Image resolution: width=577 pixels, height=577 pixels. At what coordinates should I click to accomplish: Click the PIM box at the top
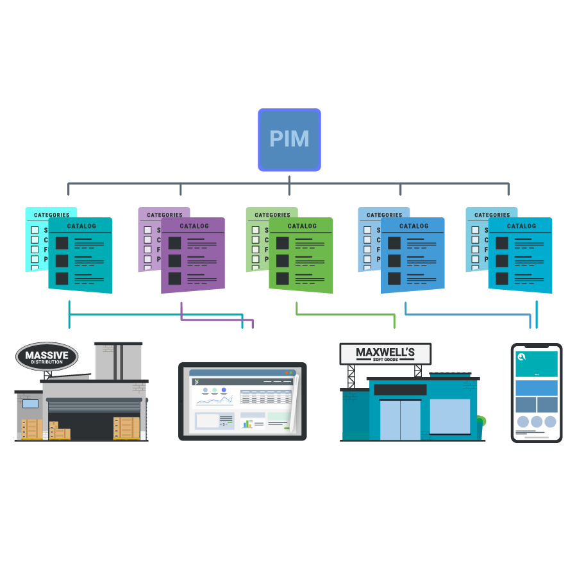[x=289, y=140]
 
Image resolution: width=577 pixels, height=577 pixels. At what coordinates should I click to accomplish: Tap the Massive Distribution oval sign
[x=47, y=356]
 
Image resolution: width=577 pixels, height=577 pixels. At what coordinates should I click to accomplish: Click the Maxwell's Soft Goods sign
[x=385, y=353]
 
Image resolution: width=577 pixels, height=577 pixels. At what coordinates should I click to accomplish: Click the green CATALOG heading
[x=302, y=226]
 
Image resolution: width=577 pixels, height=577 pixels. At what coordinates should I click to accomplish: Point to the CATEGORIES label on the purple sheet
[x=164, y=215]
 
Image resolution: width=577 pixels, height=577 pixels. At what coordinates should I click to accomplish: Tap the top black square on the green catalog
[x=282, y=243]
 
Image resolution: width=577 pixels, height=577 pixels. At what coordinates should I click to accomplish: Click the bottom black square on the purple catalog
[x=174, y=278]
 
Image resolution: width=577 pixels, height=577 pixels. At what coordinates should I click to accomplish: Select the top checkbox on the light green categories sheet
[x=255, y=230]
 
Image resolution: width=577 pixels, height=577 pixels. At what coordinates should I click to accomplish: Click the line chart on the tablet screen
[x=215, y=400]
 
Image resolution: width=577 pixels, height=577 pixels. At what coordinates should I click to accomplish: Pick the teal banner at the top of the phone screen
[x=537, y=364]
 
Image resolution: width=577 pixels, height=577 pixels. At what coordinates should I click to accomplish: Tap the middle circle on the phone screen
[x=537, y=422]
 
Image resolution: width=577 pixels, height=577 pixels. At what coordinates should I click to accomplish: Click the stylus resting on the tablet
[x=294, y=404]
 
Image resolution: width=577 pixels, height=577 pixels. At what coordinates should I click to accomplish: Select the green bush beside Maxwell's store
[x=480, y=422]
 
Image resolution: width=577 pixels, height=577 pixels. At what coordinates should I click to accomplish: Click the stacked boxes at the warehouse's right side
[x=126, y=428]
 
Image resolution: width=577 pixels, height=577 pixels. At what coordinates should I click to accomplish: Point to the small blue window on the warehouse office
[x=30, y=404]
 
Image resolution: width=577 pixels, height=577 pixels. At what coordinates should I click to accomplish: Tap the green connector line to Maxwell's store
[x=346, y=315]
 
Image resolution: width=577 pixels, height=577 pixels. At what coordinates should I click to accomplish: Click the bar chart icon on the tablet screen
[x=247, y=424]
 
